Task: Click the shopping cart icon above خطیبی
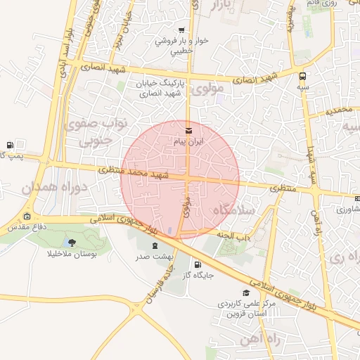182,30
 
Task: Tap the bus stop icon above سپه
302,76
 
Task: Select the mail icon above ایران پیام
188,130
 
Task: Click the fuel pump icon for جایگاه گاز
188,265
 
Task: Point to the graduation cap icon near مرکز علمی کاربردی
245,292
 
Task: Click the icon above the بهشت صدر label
155,246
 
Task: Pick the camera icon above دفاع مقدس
27,217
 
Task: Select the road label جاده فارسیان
158,284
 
